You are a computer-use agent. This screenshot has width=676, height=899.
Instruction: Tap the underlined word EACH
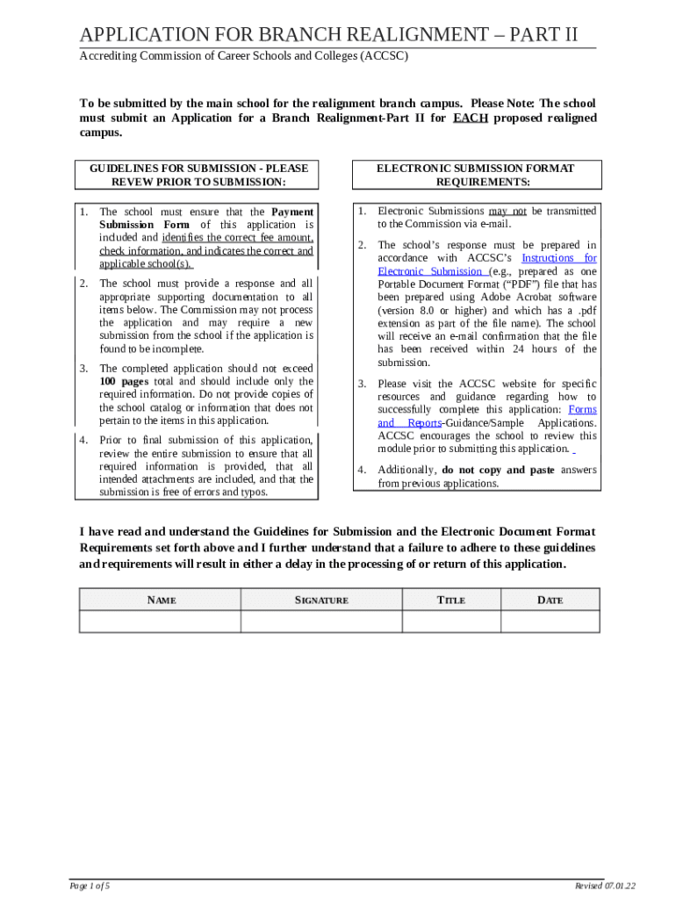(471, 118)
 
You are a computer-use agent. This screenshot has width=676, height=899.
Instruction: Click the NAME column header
(160, 600)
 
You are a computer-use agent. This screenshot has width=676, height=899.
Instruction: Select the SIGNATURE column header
(321, 600)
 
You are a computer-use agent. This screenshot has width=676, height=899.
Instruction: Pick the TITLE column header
(451, 600)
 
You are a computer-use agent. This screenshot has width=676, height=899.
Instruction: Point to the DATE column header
(550, 600)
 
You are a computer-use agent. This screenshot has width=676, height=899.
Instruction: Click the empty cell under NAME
(160, 621)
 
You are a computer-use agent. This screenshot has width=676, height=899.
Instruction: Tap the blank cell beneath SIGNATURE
(321, 621)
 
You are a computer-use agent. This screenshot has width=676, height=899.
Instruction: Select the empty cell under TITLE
(451, 621)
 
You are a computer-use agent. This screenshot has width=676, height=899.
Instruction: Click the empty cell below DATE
(550, 621)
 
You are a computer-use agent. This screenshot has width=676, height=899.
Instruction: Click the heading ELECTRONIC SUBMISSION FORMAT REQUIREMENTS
(475, 175)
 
